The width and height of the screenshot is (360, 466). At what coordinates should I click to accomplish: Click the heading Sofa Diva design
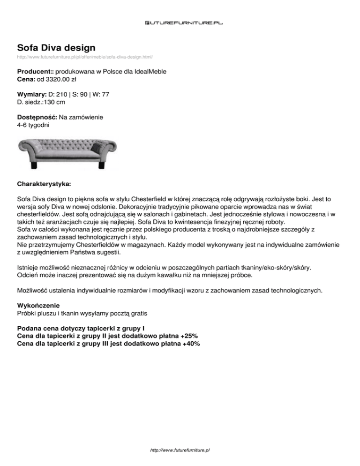click(56, 47)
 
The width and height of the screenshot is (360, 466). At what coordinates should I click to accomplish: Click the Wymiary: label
click(32, 94)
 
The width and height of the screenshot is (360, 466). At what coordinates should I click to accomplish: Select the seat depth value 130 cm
click(56, 102)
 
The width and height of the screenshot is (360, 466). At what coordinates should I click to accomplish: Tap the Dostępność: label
click(37, 117)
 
